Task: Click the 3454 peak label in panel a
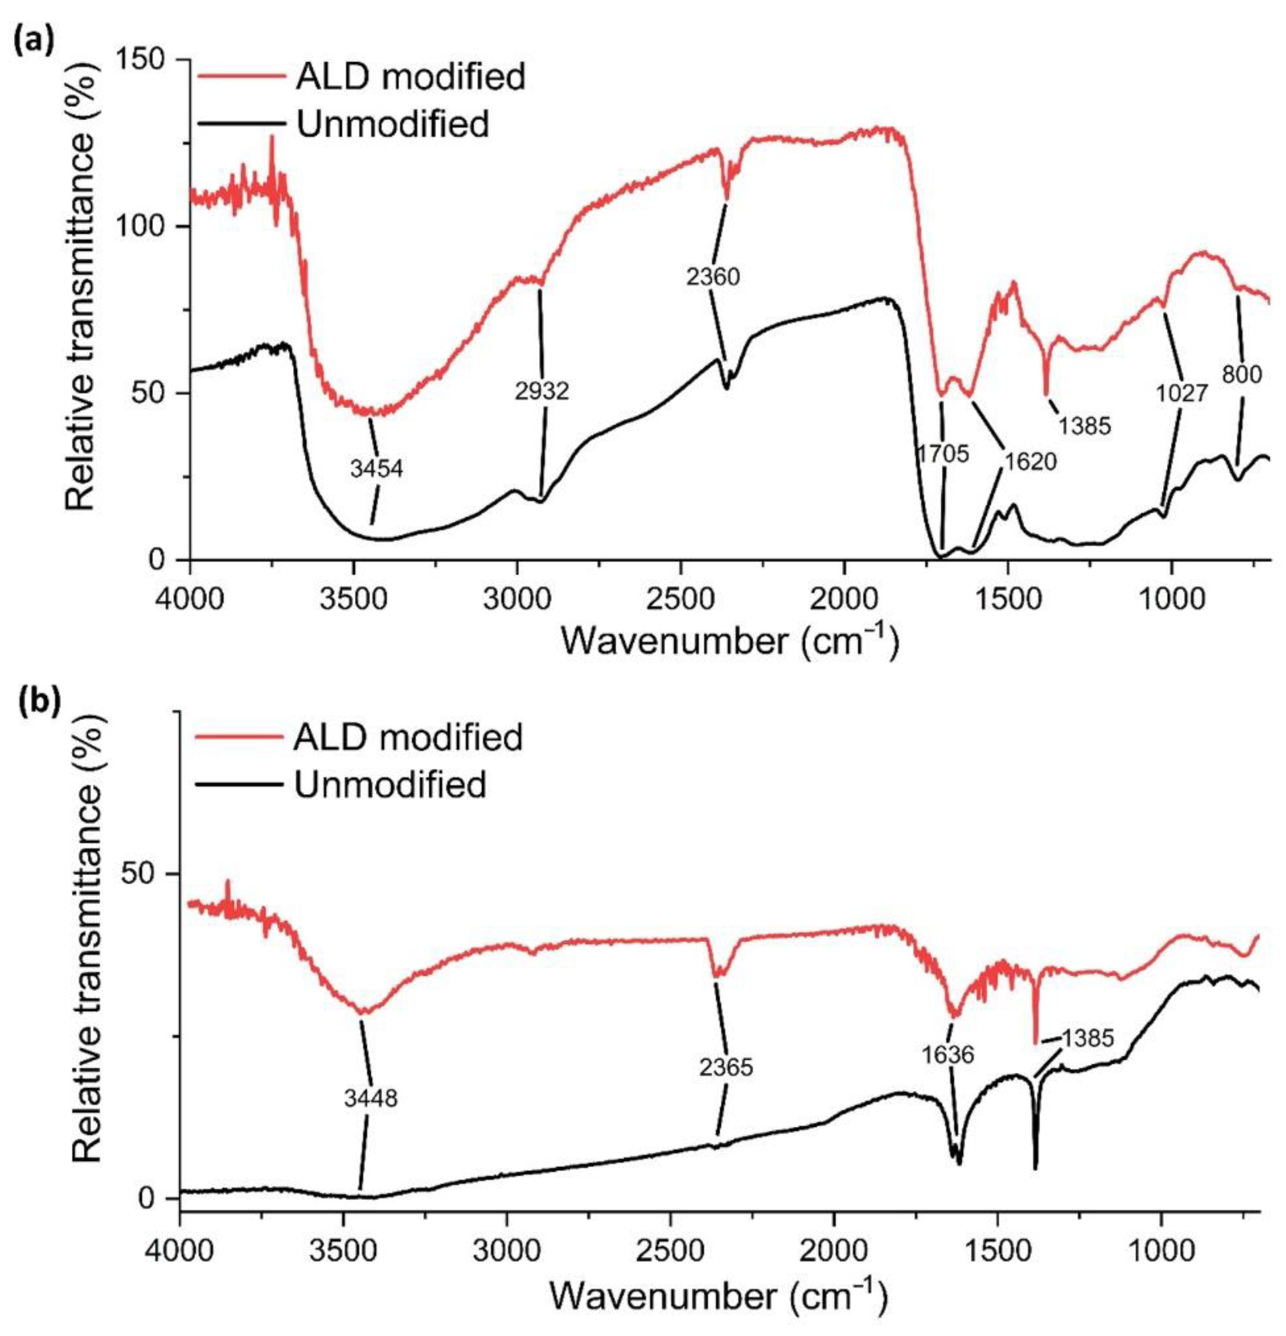tap(377, 469)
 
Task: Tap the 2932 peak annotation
tap(542, 391)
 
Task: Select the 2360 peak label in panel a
tap(713, 277)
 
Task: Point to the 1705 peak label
tap(942, 454)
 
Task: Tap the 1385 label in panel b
tap(1088, 1038)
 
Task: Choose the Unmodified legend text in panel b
tap(390, 784)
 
